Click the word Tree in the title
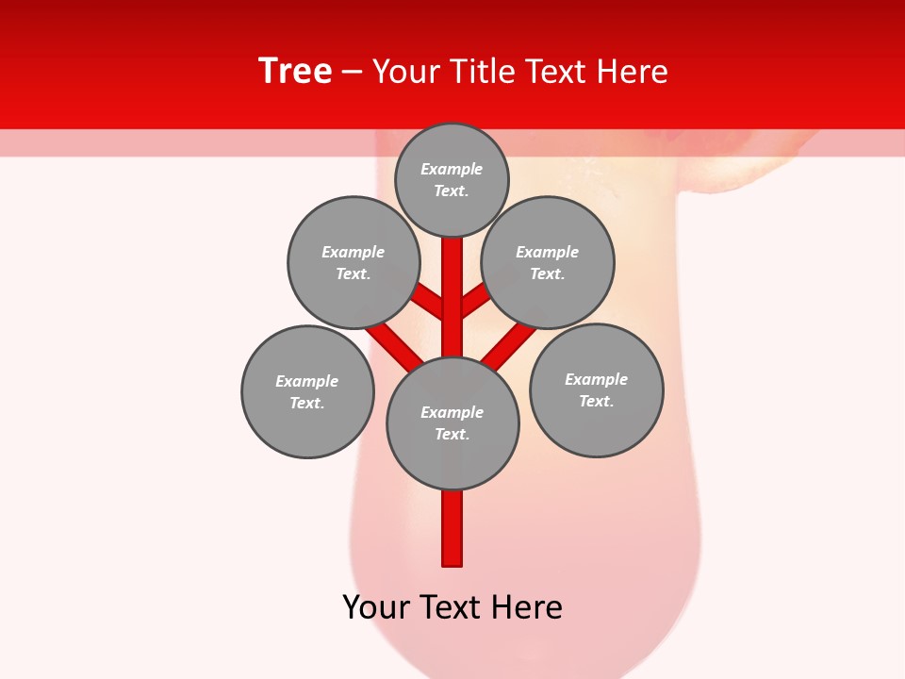coord(295,72)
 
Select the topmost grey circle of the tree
coord(452,179)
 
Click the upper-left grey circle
coord(353,262)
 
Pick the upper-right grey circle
coord(548,262)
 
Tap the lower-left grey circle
coord(307,391)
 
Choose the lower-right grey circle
coord(596,389)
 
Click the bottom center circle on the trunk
coord(452,423)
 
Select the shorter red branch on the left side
coord(429,303)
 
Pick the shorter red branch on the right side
coord(475,301)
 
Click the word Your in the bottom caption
coord(375,607)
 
